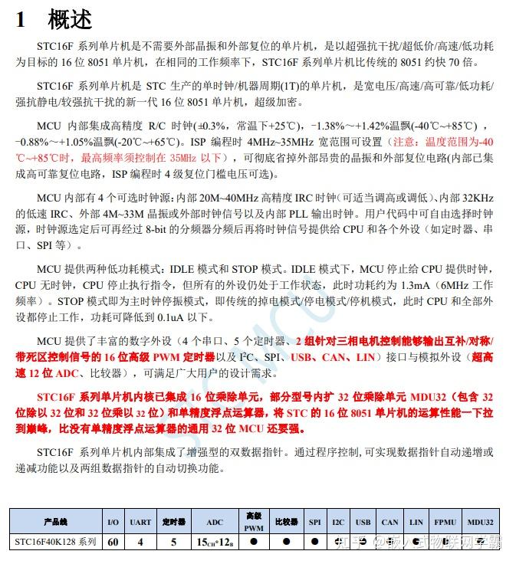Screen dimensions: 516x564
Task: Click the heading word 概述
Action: (x=71, y=19)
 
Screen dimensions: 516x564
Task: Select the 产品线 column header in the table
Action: (x=56, y=522)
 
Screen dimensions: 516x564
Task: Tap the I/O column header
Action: (x=113, y=522)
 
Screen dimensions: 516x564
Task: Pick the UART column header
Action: (x=140, y=522)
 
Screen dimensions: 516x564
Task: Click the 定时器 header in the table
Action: (x=174, y=522)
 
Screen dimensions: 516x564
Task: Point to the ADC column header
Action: (x=215, y=522)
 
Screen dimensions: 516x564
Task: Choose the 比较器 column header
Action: (x=286, y=522)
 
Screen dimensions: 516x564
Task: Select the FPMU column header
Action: (x=445, y=522)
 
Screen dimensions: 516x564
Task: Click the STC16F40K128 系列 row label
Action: (x=56, y=542)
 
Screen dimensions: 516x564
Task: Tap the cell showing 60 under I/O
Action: (x=113, y=542)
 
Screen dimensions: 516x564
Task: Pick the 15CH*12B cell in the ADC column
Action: (x=215, y=542)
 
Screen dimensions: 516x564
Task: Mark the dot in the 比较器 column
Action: (x=286, y=541)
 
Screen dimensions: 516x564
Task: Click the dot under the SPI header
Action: (x=315, y=541)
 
